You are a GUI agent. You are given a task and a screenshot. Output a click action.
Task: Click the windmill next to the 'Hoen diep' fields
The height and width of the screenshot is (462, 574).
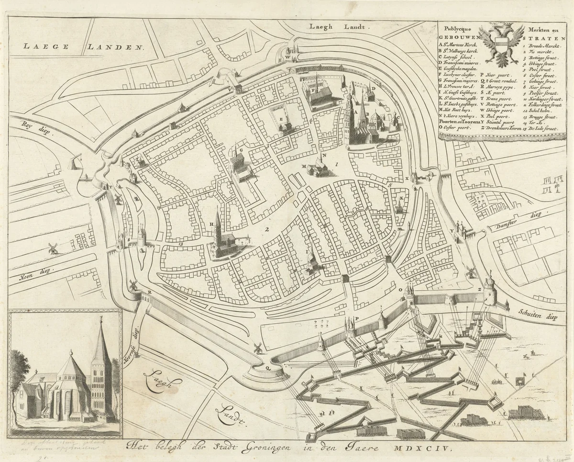click(53, 248)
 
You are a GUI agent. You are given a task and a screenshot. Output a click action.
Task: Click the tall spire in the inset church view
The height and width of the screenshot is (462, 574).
click(101, 345)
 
